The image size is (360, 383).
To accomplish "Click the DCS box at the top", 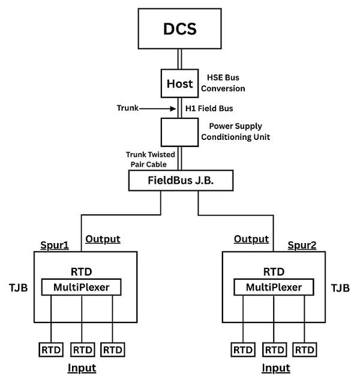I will click(180, 28).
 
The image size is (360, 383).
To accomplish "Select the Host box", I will click(180, 83).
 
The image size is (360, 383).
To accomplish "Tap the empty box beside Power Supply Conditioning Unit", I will click(180, 133).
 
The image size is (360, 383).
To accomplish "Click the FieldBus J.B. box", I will click(180, 180).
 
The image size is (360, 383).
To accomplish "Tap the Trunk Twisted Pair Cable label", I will click(151, 158).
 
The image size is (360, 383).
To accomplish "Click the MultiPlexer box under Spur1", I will click(81, 288).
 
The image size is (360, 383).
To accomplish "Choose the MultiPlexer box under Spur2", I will click(274, 288).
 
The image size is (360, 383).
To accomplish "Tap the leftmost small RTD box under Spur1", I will click(50, 349).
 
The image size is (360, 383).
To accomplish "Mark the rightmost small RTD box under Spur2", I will click(305, 349).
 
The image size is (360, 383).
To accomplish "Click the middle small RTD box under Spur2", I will click(274, 349).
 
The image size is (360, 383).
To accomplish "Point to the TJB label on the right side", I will click(340, 288).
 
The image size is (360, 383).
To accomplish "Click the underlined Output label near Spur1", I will click(103, 239).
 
